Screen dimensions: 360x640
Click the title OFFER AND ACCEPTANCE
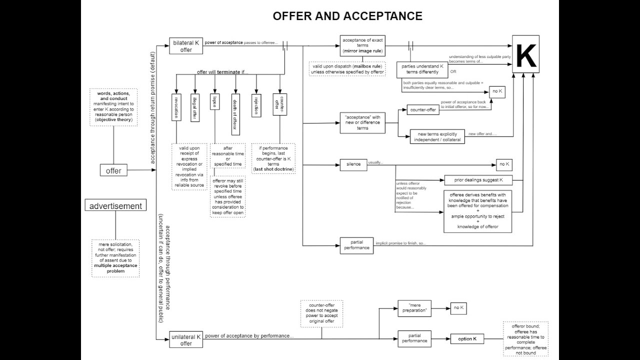[347, 16]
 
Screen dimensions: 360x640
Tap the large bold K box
[525, 54]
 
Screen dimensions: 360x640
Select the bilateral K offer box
[186, 46]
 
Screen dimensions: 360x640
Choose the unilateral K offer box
[186, 340]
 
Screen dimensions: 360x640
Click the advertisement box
[115, 206]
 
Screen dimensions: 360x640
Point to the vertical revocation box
[176, 107]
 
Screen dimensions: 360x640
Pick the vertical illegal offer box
[195, 107]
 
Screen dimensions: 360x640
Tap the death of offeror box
[234, 114]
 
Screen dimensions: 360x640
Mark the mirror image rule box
[362, 45]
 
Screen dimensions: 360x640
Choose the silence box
[353, 164]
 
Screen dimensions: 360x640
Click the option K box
[467, 339]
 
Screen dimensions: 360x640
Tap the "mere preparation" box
[414, 308]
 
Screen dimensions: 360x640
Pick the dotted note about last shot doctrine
[273, 158]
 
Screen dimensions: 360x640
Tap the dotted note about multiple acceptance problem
[115, 257]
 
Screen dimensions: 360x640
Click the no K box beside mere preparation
[458, 308]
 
